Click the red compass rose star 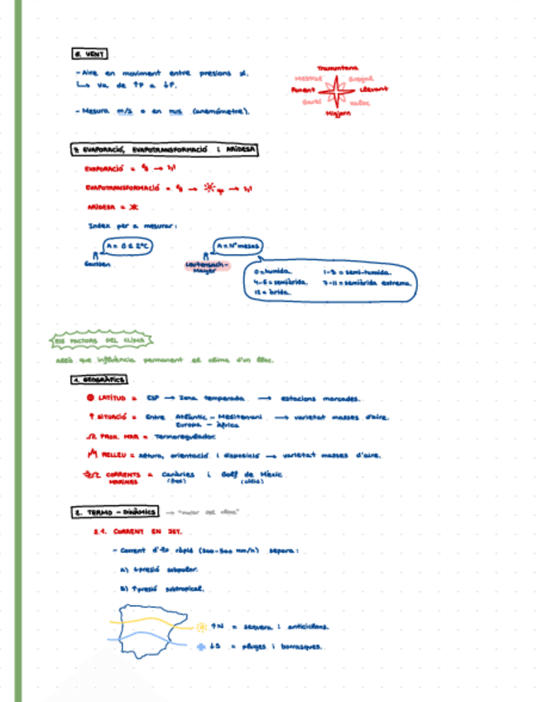tap(337, 89)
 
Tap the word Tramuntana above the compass tap(337, 68)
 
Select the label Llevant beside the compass tap(373, 89)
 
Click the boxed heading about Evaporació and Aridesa tap(164, 150)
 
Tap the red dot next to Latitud tap(89, 398)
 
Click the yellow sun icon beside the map tap(201, 627)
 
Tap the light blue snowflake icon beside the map tap(201, 647)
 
